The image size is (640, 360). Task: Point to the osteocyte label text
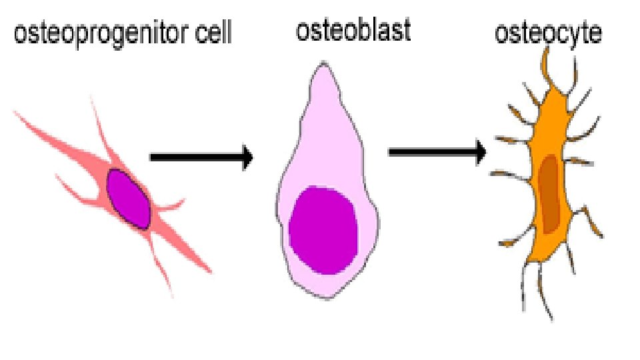tap(548, 33)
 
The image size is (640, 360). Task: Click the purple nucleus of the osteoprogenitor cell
tap(130, 199)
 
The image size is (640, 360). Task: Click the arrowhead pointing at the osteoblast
tap(247, 158)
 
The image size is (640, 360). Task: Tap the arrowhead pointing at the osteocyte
tap(480, 153)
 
